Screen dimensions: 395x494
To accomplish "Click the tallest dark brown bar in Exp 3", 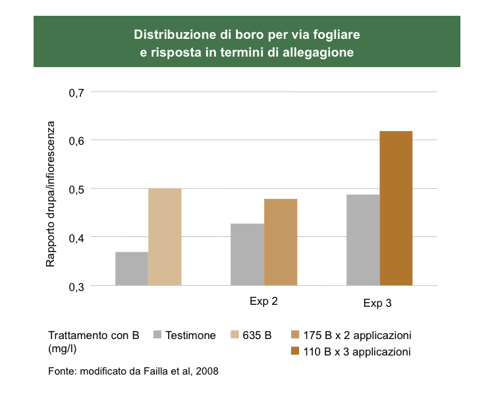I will click(396, 208).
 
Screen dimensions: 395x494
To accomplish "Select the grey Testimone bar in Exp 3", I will click(363, 240).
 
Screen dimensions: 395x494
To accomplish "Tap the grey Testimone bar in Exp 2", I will click(247, 254).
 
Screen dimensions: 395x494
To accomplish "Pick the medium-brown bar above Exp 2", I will click(281, 242).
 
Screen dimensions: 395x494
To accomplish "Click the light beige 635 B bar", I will click(165, 236).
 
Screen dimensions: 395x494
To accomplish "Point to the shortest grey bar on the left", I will click(132, 269).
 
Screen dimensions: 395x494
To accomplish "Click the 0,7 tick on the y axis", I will click(78, 92).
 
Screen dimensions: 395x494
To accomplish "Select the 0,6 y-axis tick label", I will click(78, 140).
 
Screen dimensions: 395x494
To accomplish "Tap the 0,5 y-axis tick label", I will click(78, 189).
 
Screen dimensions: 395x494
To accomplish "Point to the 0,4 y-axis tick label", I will click(78, 237).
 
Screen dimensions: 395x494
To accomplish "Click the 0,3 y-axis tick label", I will click(78, 286).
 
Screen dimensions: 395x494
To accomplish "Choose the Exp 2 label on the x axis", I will click(263, 302).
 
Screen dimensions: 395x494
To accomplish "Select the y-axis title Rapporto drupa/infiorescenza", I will click(51, 194).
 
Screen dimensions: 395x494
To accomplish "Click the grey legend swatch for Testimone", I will click(157, 335).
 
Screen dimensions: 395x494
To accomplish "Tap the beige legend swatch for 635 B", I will click(234, 335).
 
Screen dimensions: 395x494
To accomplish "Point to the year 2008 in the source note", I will click(206, 372).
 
